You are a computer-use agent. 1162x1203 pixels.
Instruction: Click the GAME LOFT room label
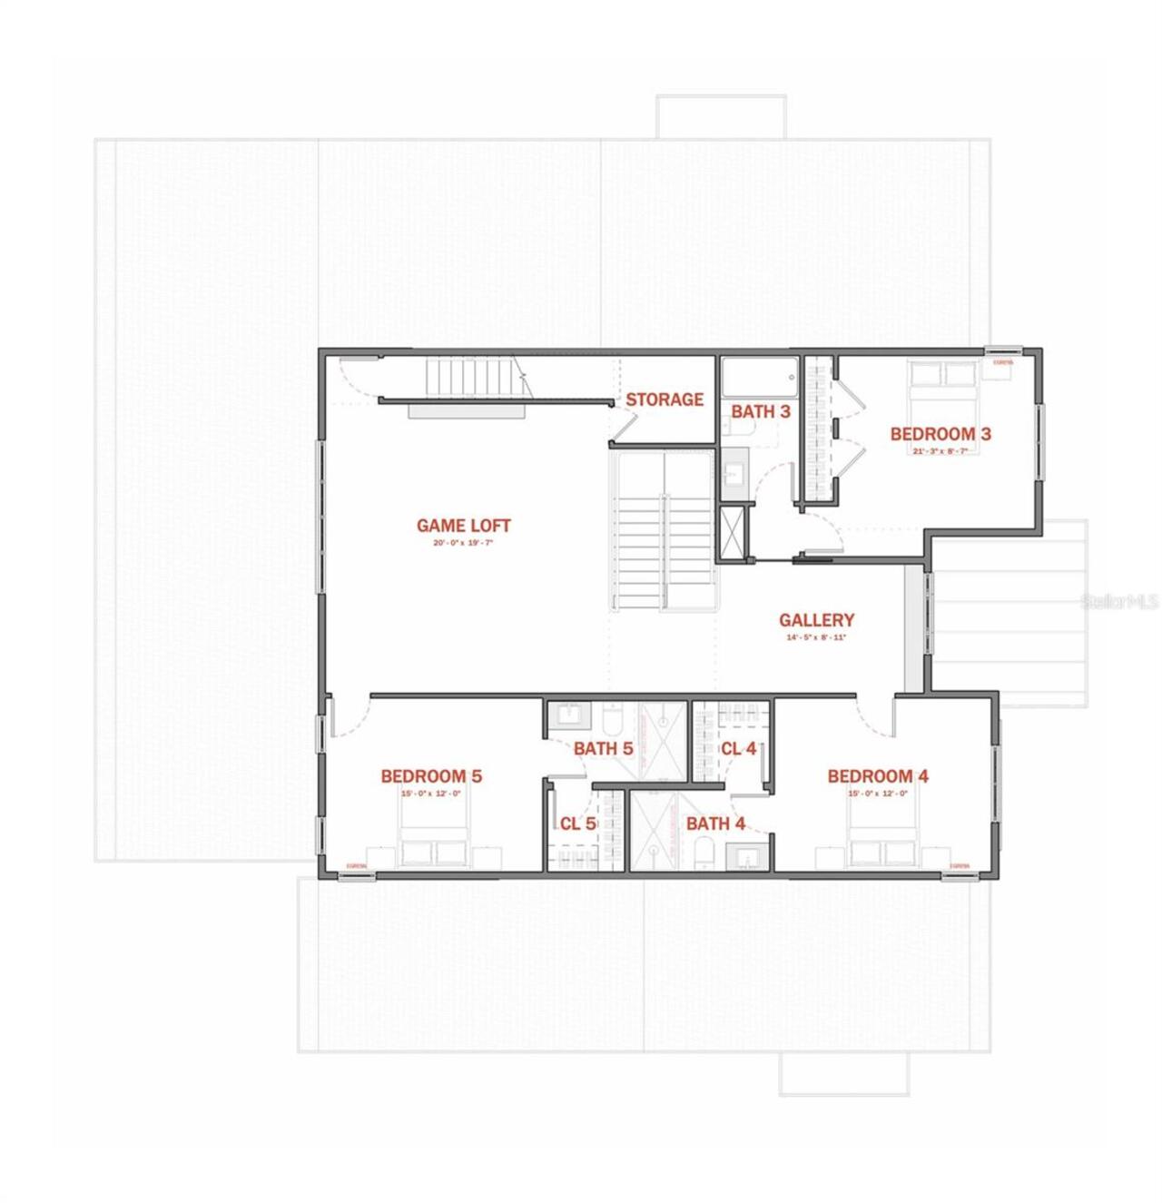point(463,526)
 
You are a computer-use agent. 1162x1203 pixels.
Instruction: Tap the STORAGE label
point(665,399)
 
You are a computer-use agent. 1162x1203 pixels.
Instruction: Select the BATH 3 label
point(761,411)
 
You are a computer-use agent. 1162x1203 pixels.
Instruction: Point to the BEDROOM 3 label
point(940,434)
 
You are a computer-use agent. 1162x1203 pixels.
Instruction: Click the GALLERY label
point(816,620)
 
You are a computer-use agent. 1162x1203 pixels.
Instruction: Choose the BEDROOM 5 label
point(431,776)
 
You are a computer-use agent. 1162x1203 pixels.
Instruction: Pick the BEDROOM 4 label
point(878,776)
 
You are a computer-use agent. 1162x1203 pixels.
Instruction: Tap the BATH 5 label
point(603,749)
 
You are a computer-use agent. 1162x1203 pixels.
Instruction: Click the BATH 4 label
point(715,823)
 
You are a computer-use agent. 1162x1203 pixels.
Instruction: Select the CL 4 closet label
point(738,749)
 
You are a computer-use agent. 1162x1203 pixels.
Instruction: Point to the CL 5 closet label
point(577,823)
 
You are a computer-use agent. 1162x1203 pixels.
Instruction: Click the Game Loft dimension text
point(463,543)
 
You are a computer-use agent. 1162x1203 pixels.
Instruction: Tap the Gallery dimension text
point(816,637)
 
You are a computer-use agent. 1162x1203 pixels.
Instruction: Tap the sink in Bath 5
point(570,714)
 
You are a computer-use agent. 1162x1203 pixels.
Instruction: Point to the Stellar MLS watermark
point(1119,601)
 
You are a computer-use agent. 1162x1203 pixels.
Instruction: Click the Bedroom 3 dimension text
point(940,451)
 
